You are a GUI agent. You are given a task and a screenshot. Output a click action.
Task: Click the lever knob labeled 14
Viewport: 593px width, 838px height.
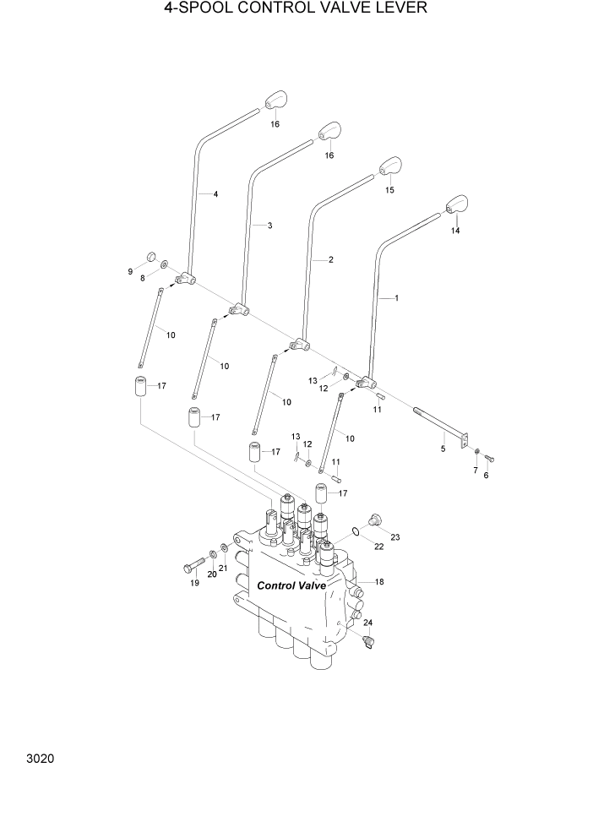click(456, 205)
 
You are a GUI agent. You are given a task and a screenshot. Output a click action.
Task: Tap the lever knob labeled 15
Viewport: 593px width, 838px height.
click(389, 166)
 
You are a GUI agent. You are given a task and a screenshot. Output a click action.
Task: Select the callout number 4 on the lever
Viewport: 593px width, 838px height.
click(215, 194)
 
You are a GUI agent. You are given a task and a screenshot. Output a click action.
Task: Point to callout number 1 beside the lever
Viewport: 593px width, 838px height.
click(396, 298)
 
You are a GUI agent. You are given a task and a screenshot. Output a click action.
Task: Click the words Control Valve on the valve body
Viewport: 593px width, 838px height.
click(291, 585)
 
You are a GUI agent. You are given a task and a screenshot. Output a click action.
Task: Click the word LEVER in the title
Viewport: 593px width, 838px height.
click(401, 9)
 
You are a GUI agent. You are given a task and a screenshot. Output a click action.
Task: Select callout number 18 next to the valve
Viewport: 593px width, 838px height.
click(379, 582)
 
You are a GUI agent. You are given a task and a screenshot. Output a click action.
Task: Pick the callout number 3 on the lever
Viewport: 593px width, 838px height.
click(269, 226)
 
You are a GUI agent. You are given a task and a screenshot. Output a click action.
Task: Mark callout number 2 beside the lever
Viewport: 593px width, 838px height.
click(330, 259)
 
